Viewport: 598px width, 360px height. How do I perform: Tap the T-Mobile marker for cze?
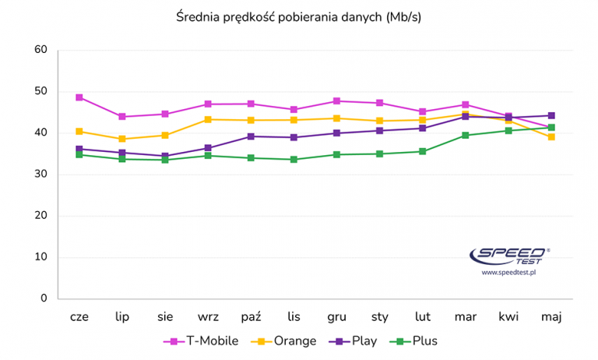pos(79,97)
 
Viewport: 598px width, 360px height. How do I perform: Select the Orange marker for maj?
pos(551,136)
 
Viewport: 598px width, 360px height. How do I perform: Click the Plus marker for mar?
pos(466,136)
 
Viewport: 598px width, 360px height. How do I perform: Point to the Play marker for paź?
pos(251,136)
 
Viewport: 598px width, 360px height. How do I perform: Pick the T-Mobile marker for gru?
pos(336,101)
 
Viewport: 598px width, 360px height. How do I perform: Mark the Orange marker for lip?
pos(122,139)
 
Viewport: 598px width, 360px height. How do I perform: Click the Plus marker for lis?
pos(294,159)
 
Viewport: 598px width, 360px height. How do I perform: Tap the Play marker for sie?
pos(165,156)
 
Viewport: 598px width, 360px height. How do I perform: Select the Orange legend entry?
pos(287,341)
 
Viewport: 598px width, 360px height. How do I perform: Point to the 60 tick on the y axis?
pos(41,50)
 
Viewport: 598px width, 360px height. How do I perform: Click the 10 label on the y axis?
pos(41,257)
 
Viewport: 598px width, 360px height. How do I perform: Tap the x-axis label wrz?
pos(208,316)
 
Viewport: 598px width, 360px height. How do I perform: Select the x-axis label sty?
pos(379,316)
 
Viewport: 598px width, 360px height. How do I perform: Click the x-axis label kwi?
pos(508,316)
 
